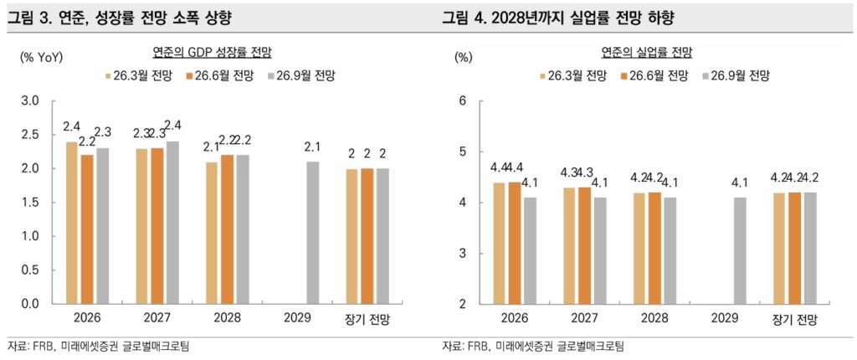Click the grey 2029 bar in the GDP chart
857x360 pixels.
[x=313, y=233]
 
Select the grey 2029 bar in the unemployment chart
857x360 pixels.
[x=741, y=250]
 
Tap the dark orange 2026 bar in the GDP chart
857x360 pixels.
[x=86, y=229]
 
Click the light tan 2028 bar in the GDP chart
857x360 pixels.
[x=212, y=233]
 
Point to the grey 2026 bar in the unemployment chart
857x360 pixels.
[x=529, y=250]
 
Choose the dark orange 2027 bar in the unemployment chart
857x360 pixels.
[x=585, y=245]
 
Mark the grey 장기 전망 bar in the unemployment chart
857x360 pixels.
[x=809, y=249]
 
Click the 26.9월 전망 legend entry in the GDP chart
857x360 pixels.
[x=301, y=75]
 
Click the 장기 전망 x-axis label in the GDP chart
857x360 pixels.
[x=369, y=318]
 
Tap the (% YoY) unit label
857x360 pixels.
[x=42, y=56]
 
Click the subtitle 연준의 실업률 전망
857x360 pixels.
[x=647, y=53]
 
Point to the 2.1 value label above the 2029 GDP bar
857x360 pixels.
[x=313, y=147]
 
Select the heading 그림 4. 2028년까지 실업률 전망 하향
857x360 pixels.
[x=557, y=18]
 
